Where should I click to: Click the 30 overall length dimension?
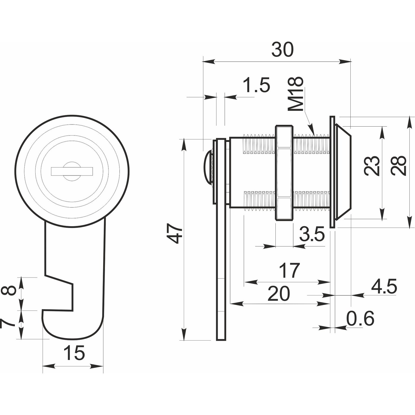coord(282,50)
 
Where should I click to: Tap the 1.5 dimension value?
coord(256,85)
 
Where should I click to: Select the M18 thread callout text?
coord(296,94)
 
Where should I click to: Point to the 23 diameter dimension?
coord(372,166)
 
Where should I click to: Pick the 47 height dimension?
coord(175,234)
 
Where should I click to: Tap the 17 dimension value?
coord(289,270)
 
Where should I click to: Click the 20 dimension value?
coord(279,293)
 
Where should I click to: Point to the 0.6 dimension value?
coord(360,319)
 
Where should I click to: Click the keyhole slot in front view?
coord(72,171)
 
